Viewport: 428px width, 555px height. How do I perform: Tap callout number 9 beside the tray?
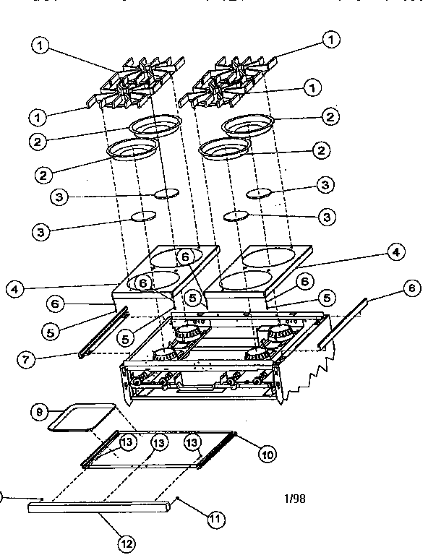pyautogui.click(x=40, y=412)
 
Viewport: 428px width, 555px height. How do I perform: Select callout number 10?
pyautogui.click(x=266, y=455)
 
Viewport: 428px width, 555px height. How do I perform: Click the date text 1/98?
pyautogui.click(x=295, y=499)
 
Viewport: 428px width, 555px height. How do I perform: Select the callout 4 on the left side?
pyautogui.click(x=15, y=288)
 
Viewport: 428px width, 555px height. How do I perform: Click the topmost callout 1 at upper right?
pyautogui.click(x=332, y=39)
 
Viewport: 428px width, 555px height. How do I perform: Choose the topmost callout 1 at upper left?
pyautogui.click(x=41, y=45)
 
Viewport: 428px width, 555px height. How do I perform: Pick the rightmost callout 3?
pyautogui.click(x=325, y=186)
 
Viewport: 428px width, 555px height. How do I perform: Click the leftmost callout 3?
pyautogui.click(x=42, y=232)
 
